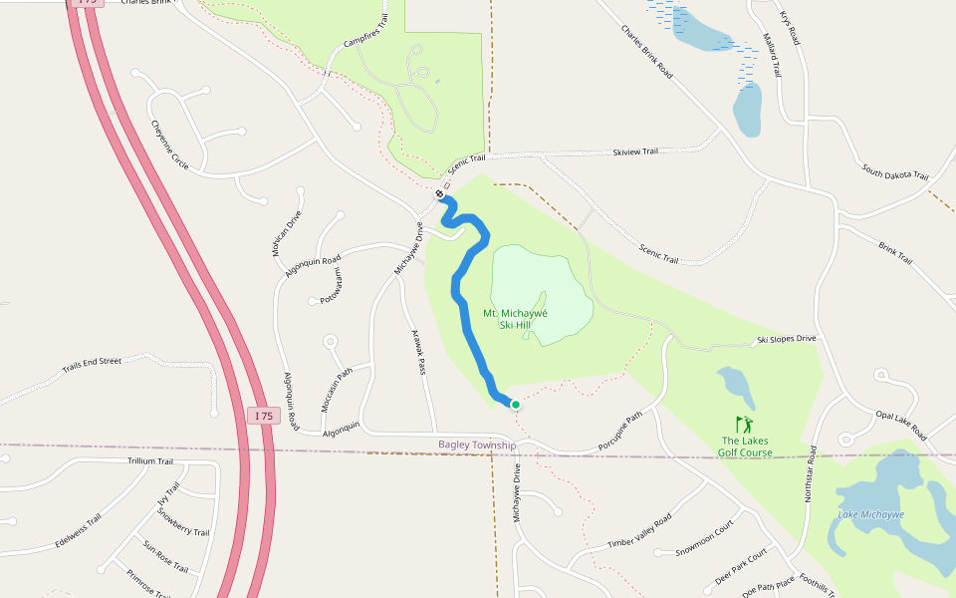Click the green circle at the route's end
pyautogui.click(x=516, y=404)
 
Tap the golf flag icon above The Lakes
pyautogui.click(x=745, y=425)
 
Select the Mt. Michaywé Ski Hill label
pyautogui.click(x=516, y=319)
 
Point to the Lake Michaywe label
pyautogui.click(x=871, y=514)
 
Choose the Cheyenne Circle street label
pyautogui.click(x=169, y=144)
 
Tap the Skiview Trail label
pyautogui.click(x=635, y=151)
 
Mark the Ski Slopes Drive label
pyautogui.click(x=787, y=339)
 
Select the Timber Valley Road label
pyautogui.click(x=639, y=531)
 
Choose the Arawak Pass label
pyautogui.click(x=418, y=354)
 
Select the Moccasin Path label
pyautogui.click(x=338, y=391)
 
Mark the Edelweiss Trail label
pyautogui.click(x=79, y=532)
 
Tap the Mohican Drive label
pyautogui.click(x=287, y=234)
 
